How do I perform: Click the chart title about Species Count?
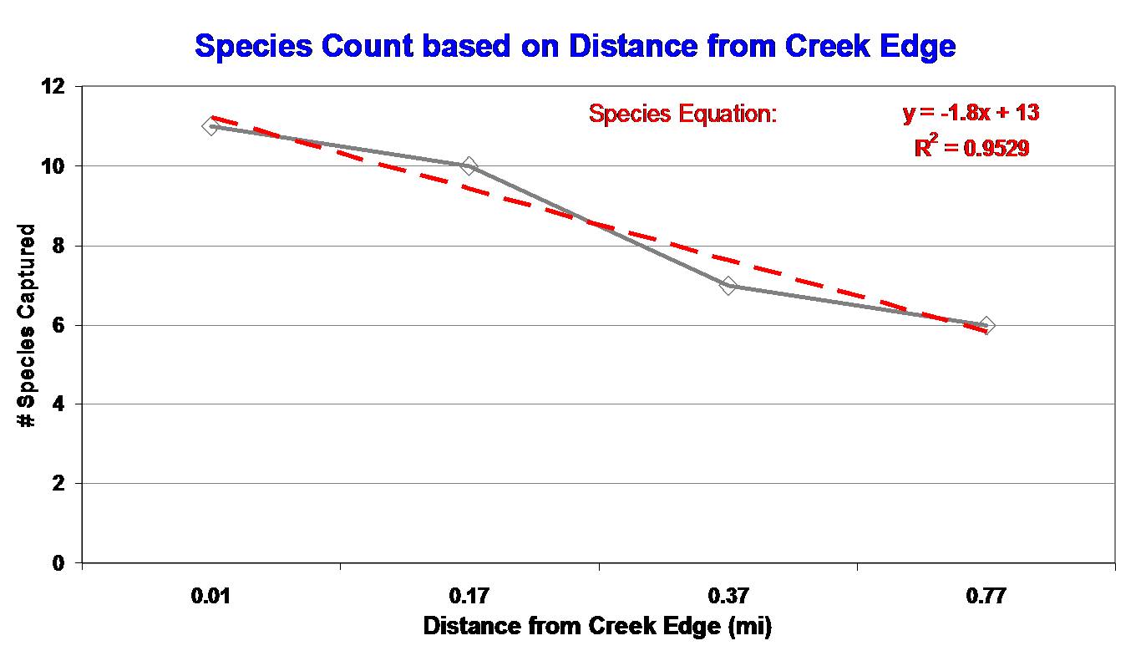(575, 46)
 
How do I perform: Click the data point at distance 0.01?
(210, 126)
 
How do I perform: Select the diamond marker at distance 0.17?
(469, 166)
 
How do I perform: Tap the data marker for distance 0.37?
(728, 286)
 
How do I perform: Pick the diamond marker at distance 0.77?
(987, 325)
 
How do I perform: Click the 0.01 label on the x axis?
(210, 597)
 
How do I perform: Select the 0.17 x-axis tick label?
(469, 597)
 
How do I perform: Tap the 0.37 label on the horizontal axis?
(728, 597)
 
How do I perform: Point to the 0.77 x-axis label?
(987, 597)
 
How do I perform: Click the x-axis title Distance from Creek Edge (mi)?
(597, 626)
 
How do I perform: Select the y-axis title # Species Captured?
(27, 326)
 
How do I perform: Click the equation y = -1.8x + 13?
(971, 113)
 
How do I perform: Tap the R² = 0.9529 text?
(971, 148)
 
